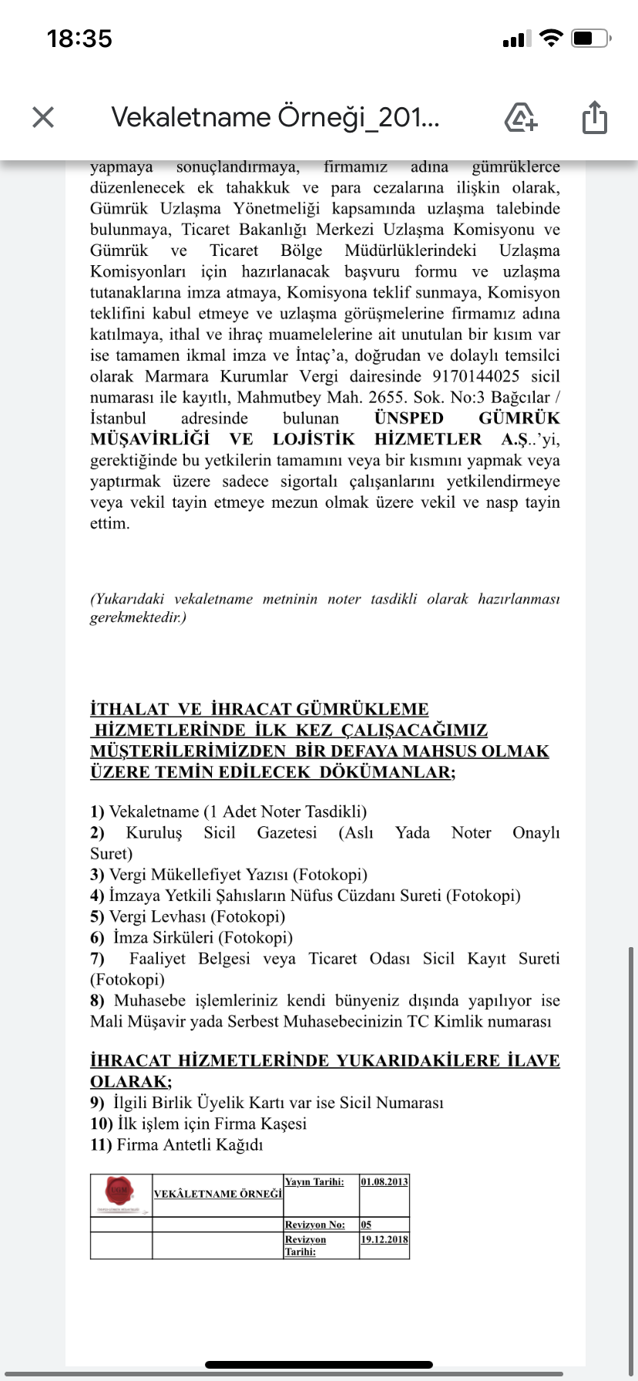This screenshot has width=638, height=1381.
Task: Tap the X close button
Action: pos(43,117)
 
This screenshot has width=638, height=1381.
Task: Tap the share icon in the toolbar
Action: pos(594,118)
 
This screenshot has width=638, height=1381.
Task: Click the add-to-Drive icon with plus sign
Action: pos(521,118)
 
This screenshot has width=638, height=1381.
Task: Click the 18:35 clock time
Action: pos(79,39)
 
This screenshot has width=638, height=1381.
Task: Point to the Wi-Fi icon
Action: pos(551,38)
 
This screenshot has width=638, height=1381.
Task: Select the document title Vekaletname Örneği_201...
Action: pos(275,117)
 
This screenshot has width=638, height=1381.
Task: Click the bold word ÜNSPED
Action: pos(409,418)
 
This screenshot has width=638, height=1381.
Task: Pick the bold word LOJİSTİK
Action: pos(314,439)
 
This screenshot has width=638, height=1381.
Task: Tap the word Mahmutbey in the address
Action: pos(276,398)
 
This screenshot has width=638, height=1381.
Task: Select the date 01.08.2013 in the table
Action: pos(384,1182)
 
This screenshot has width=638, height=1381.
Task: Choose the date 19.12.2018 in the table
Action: pos(384,1240)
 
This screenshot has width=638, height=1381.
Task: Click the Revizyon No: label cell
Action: pos(314,1225)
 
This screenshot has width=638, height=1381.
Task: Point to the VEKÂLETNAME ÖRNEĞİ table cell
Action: pos(218,1194)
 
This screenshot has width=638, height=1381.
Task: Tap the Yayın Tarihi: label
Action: pos(314,1182)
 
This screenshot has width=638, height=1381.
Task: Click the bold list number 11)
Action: pos(101,1145)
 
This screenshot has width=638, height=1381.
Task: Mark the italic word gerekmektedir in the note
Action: pos(136,617)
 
